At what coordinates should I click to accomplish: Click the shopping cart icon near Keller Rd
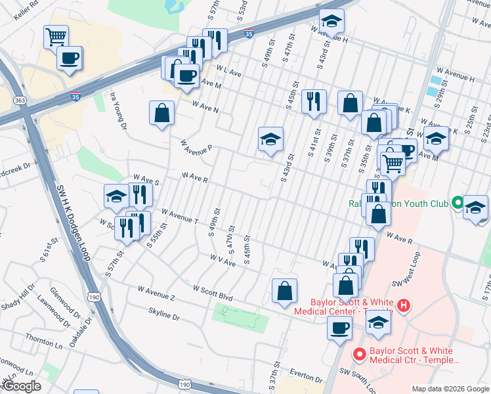tap(56, 35)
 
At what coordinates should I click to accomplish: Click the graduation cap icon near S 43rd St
tap(270, 139)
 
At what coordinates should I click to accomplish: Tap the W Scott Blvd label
tap(213, 293)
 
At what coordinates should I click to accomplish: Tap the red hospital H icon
tap(404, 305)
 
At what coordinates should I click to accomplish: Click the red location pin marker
tap(359, 355)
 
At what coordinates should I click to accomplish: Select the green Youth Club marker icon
tap(457, 203)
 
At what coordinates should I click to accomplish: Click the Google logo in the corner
tap(22, 386)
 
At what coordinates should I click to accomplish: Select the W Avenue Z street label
tap(156, 292)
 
